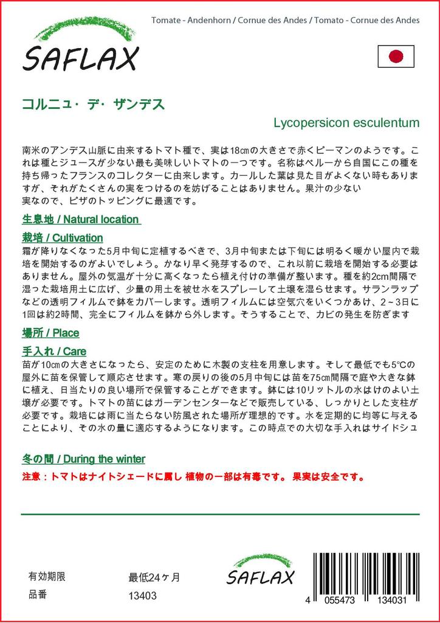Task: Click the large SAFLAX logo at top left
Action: point(81,58)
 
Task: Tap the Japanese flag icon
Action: point(396,57)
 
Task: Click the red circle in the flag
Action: point(396,57)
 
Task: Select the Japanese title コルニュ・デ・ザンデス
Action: point(93,103)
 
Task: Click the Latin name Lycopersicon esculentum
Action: point(346,122)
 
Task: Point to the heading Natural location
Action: point(80,219)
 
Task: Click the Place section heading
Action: point(50,333)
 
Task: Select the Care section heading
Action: point(53,351)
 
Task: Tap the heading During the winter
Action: point(83,459)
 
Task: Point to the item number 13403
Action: point(142,596)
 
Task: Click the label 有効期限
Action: point(47,577)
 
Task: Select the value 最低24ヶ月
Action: point(154,577)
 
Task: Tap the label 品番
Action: point(38,596)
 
